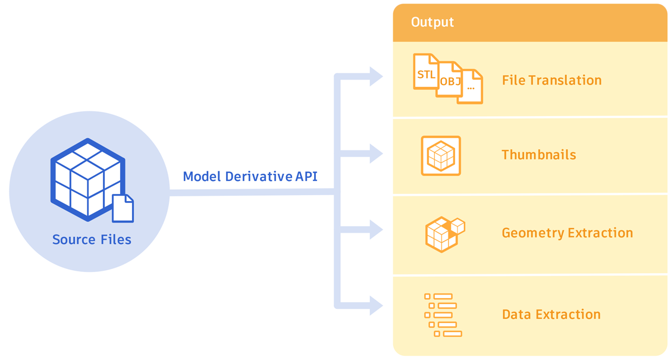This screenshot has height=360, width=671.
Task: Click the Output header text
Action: coord(432,23)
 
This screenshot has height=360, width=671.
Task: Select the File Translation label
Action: coord(551,80)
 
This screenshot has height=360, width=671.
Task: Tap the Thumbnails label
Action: coord(538,155)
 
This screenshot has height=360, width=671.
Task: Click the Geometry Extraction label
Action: coord(567,233)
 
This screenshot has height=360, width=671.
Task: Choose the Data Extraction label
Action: coord(551,314)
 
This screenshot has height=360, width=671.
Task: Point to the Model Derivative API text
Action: coord(250,177)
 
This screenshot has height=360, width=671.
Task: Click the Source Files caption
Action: coord(92,240)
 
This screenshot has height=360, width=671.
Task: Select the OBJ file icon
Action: coord(450,80)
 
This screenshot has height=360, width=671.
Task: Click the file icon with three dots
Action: coord(471,87)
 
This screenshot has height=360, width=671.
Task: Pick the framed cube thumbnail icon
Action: coord(441,156)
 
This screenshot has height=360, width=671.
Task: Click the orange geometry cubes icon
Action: coord(444,234)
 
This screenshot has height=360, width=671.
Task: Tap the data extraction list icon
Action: coord(443,315)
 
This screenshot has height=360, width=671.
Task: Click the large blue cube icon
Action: coord(87,179)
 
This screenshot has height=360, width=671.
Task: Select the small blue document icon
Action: coord(123,208)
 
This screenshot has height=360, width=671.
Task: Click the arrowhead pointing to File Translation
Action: coord(375,76)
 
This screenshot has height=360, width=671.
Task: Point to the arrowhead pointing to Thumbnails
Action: coord(375,154)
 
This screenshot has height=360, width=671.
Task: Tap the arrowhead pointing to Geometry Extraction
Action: coord(375,230)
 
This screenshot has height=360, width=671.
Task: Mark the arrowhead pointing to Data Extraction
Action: coord(375,306)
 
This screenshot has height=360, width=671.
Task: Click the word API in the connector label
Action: coord(306,177)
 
